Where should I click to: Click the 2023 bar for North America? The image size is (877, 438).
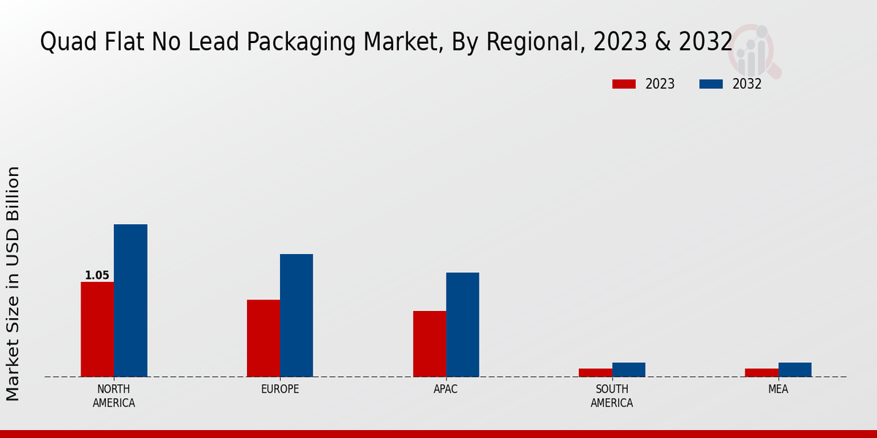[97, 329]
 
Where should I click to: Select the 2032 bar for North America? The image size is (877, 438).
[130, 300]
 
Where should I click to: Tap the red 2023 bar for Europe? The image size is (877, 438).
[263, 338]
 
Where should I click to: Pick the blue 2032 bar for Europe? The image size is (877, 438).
[296, 315]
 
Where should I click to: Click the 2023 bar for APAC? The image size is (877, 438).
[429, 344]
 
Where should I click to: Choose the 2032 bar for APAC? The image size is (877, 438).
[463, 325]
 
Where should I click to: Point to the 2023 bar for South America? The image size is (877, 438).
[596, 372]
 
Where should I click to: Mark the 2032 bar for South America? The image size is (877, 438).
[629, 369]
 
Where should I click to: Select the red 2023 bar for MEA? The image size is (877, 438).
[762, 372]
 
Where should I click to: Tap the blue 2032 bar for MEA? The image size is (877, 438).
[794, 369]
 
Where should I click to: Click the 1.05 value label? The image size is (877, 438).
[97, 275]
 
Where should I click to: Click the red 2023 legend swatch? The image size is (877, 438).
[623, 84]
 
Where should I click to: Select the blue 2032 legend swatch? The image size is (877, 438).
[710, 84]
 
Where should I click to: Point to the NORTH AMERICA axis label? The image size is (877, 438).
[114, 396]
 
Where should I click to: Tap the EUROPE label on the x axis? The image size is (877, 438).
[280, 389]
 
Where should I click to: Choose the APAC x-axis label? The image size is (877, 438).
[446, 389]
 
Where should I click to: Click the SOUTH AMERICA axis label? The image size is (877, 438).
[612, 396]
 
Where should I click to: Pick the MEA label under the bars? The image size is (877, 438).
[778, 389]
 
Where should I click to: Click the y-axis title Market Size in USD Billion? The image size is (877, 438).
[13, 283]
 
